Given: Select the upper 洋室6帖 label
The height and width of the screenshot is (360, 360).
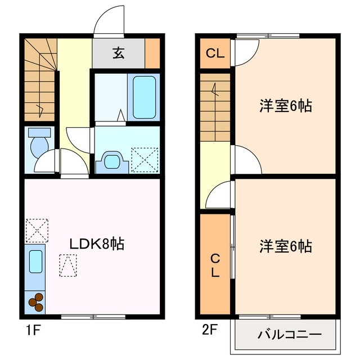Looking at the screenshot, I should [286, 106].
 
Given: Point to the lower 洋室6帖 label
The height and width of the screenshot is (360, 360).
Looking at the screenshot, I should [286, 246].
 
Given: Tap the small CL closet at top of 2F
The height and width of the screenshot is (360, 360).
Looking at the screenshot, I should [215, 54].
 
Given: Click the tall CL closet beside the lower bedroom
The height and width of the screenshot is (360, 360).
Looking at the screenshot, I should [215, 264].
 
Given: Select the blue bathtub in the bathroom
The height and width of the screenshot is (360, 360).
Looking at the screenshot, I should [145, 96].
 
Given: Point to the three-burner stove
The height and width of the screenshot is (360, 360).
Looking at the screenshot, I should [35, 302].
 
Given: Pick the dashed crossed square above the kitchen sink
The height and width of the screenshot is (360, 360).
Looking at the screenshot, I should [35, 229].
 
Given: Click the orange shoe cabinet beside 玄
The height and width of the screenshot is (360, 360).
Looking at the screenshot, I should [152, 53].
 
